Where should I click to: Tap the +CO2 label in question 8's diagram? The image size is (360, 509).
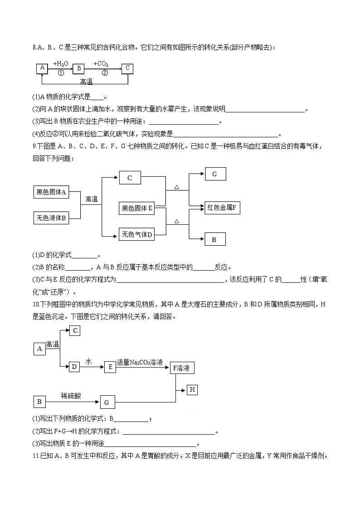click(101, 64)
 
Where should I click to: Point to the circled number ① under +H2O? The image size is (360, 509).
click(61, 73)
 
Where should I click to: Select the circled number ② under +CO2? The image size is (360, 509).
click(105, 73)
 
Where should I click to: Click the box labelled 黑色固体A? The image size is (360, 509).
click(51, 192)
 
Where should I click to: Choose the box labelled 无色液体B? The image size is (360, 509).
click(51, 218)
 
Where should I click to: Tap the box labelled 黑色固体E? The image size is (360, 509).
click(136, 208)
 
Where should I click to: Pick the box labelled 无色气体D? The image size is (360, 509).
click(136, 234)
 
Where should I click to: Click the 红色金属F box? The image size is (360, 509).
click(222, 208)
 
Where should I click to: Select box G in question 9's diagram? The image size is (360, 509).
click(215, 174)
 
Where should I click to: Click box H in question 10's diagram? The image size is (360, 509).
click(192, 389)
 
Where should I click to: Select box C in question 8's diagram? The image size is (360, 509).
click(128, 68)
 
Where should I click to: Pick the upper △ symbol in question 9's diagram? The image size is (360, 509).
click(177, 187)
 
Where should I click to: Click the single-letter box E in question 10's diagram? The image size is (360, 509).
click(110, 367)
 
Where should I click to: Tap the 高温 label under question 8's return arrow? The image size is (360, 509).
click(86, 82)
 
